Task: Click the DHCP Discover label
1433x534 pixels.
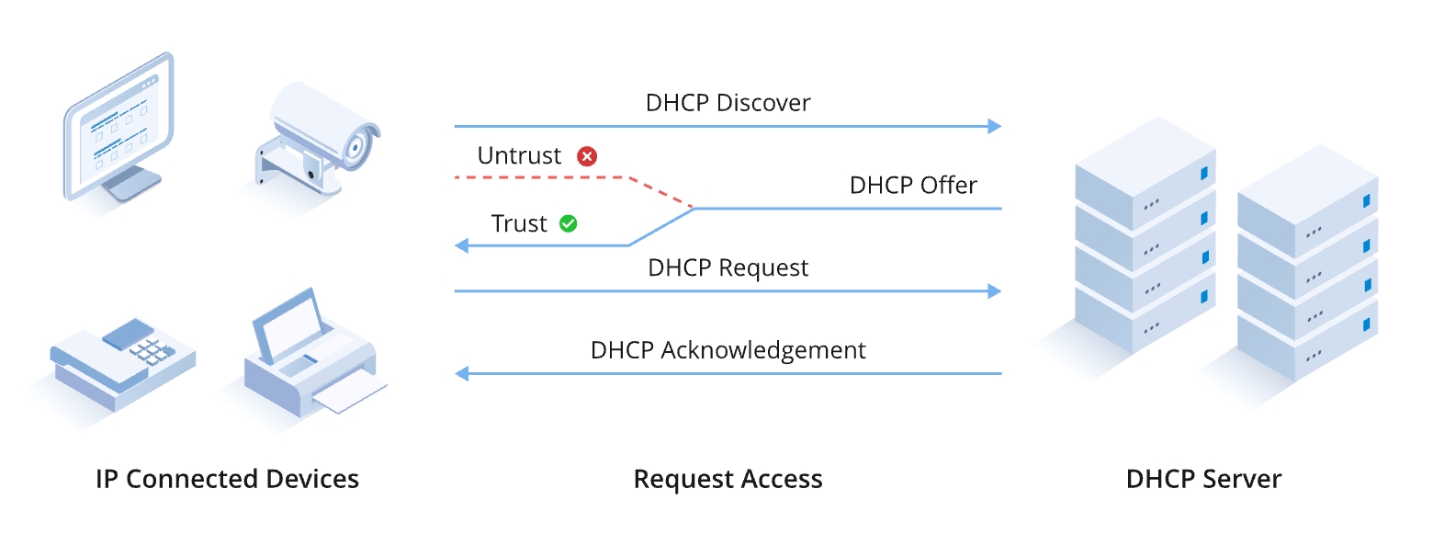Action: click(728, 102)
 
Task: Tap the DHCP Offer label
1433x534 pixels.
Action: click(913, 185)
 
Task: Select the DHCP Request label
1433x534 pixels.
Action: click(728, 267)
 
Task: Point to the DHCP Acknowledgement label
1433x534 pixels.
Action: click(728, 350)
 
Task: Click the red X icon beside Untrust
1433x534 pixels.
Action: click(587, 156)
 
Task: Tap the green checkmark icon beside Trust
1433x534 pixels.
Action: click(569, 223)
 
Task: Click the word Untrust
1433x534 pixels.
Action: click(519, 156)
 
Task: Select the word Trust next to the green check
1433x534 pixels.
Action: click(519, 223)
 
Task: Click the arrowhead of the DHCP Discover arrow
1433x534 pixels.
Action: click(994, 126)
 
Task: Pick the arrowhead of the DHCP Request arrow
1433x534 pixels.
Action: click(994, 291)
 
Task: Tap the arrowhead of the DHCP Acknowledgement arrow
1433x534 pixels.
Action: click(462, 374)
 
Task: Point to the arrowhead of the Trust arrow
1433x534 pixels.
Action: click(462, 245)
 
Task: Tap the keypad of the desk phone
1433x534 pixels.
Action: click(150, 350)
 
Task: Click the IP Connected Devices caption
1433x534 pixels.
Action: click(227, 479)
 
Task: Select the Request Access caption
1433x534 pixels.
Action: click(728, 479)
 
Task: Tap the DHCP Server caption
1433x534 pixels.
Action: click(1203, 479)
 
